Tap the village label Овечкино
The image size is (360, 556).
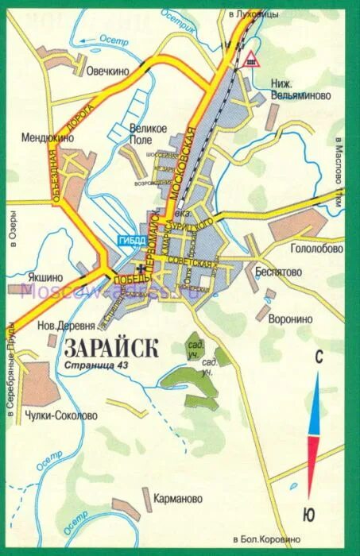click(108, 71)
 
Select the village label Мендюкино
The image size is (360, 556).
click(48, 137)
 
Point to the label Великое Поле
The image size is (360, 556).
click(149, 133)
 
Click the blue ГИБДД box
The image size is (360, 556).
click(131, 241)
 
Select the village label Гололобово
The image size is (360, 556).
click(316, 248)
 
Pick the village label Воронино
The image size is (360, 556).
click(291, 319)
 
